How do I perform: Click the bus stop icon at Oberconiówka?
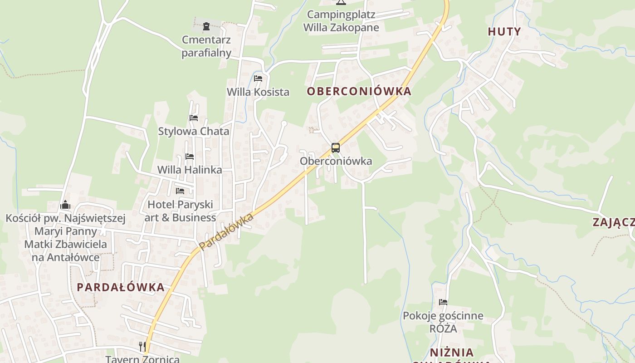(336, 148)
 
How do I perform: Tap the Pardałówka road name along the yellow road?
(226, 231)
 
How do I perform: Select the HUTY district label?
(504, 31)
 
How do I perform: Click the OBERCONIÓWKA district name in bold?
(359, 91)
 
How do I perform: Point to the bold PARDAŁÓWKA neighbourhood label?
(121, 287)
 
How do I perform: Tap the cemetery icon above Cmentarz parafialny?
(206, 26)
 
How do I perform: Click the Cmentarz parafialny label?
(206, 46)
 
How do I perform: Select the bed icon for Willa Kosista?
(258, 78)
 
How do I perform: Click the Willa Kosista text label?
(258, 92)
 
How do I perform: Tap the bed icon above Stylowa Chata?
(194, 118)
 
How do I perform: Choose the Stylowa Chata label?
(194, 132)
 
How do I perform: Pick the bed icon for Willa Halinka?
(190, 157)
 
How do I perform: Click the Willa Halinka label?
(190, 170)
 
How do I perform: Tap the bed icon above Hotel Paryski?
(180, 191)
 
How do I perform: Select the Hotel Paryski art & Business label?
(180, 211)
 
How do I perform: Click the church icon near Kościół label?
(65, 205)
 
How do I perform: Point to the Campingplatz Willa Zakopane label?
(341, 21)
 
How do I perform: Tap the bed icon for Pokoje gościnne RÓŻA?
(443, 302)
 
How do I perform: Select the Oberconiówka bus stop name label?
(336, 161)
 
